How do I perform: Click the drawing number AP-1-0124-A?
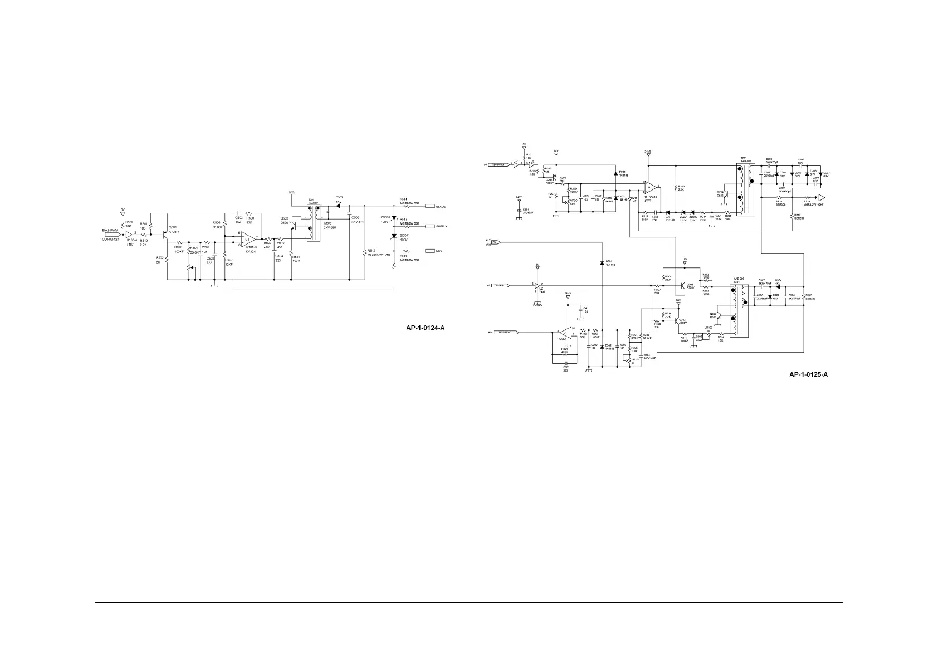(425, 328)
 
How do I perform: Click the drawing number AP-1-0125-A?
(808, 374)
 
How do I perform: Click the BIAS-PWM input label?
(110, 230)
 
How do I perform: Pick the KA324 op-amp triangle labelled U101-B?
(248, 239)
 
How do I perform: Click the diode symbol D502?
(339, 206)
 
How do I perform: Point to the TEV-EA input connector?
(497, 286)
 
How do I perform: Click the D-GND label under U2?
(537, 305)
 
